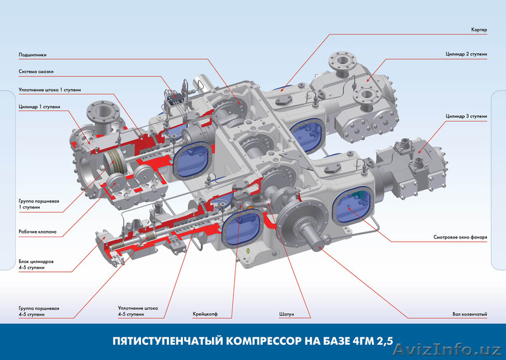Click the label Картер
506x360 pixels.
[x=479, y=30]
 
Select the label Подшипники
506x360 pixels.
[x=33, y=55]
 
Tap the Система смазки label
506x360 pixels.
[x=36, y=71]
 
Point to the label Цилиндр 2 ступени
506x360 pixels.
[x=466, y=54]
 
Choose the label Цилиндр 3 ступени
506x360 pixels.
[x=466, y=116]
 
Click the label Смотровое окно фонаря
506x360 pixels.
[x=460, y=237]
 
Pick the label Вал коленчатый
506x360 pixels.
[x=470, y=314]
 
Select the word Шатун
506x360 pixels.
[x=287, y=314]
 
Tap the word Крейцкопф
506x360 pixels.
[x=205, y=314]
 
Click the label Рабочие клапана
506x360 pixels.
[x=37, y=232]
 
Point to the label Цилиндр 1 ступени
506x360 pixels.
[x=39, y=107]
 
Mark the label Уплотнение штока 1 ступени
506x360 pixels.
[x=50, y=90]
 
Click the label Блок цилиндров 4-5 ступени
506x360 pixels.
[x=36, y=264]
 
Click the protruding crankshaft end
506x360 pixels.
[x=314, y=234]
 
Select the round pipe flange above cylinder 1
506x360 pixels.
[x=103, y=111]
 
